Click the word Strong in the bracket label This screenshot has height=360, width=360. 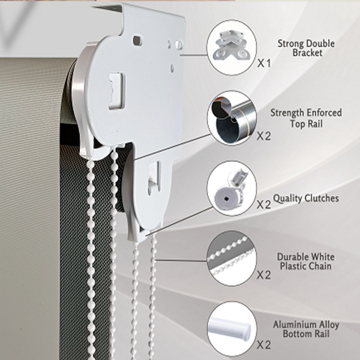click(x=291, y=44)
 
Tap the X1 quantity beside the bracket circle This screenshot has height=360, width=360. click(x=264, y=63)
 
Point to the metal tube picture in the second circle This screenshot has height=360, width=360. click(x=232, y=118)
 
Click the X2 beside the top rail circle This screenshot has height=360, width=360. click(x=264, y=136)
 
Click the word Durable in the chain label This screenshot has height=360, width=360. click(x=291, y=257)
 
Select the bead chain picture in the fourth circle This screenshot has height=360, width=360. click(x=231, y=258)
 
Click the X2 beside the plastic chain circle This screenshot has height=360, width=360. click(x=264, y=275)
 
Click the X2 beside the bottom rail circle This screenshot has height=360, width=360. click(x=264, y=345)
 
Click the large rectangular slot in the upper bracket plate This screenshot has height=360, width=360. click(x=117, y=91)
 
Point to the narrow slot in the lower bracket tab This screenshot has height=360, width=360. click(x=153, y=178)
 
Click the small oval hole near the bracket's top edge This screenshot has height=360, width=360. click(x=138, y=40)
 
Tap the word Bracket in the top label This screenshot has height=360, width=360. click(x=307, y=53)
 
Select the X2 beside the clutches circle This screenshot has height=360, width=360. click(x=264, y=204)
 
